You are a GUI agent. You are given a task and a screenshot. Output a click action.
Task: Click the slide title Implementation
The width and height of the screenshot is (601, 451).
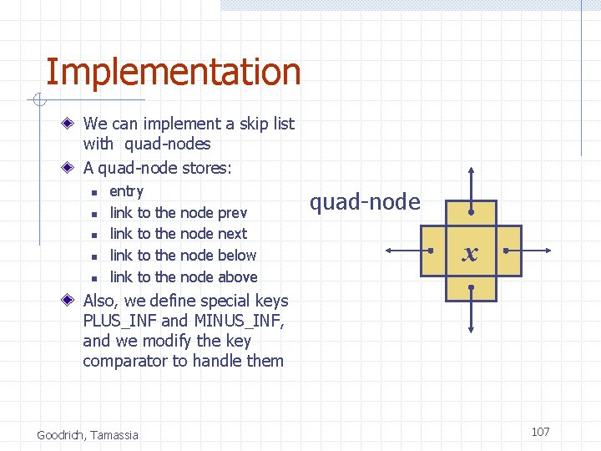pos(173,73)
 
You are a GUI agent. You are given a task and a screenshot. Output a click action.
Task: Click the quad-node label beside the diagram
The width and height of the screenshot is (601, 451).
pos(365,202)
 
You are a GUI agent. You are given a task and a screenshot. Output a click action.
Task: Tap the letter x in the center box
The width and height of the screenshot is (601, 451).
pos(471,254)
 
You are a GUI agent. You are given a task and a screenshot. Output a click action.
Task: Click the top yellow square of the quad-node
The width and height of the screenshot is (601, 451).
pos(472,212)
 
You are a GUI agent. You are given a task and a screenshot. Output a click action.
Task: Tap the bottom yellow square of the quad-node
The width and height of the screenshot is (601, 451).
pos(472,288)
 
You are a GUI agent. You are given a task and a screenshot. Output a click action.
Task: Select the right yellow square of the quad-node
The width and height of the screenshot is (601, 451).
pos(508,250)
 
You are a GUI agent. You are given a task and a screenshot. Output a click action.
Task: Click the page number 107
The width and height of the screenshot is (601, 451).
pos(540,432)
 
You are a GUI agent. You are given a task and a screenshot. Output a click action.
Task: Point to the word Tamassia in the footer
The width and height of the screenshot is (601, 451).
pos(117,434)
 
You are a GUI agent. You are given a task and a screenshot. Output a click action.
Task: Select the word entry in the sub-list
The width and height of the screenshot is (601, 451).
pos(127,191)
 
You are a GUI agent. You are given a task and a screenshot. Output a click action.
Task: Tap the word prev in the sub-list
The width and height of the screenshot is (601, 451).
pos(232,213)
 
